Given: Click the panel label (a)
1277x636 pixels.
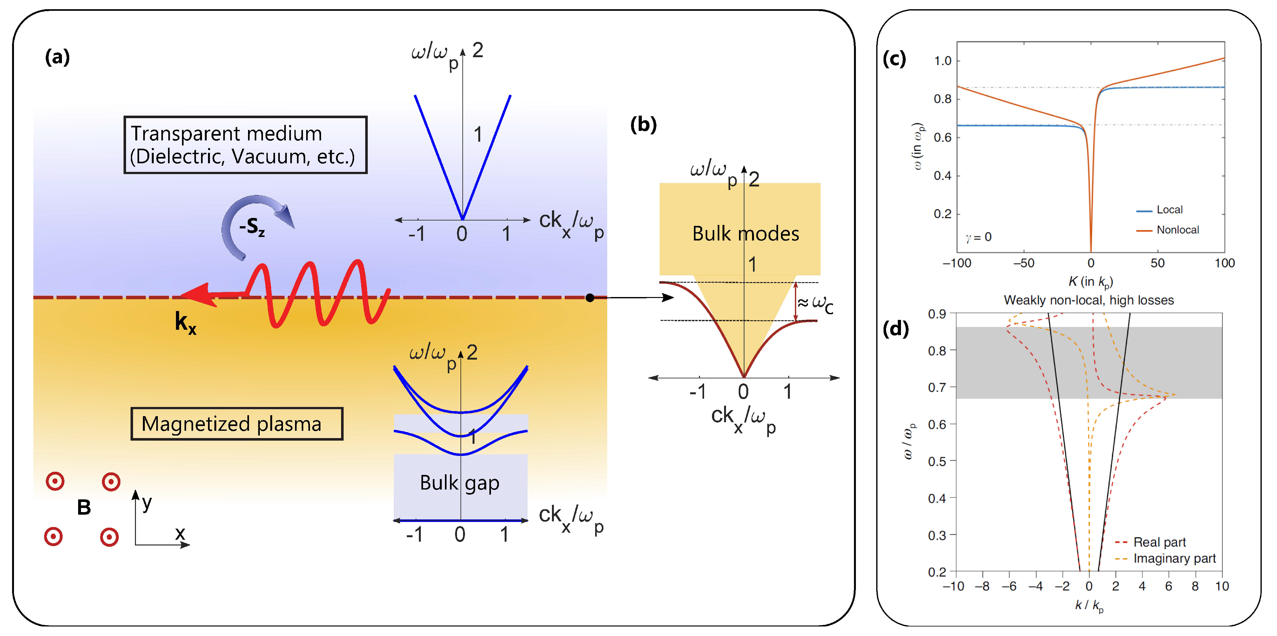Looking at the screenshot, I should [x=57, y=58].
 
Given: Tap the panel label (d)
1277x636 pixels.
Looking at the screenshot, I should [x=895, y=329].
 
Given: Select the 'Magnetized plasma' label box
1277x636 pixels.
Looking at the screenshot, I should [x=237, y=424].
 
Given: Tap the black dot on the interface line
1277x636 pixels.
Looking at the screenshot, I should [x=589, y=297].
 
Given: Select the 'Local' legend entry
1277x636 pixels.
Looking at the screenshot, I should [x=1169, y=210].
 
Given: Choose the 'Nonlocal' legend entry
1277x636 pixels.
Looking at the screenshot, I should [x=1177, y=230].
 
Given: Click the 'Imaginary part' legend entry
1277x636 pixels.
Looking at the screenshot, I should [x=1174, y=559].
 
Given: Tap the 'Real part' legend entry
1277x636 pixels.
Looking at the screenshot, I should [x=1159, y=542].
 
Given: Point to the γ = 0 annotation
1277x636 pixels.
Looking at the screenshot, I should [x=978, y=237].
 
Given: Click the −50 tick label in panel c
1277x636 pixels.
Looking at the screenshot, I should [x=1023, y=263].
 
